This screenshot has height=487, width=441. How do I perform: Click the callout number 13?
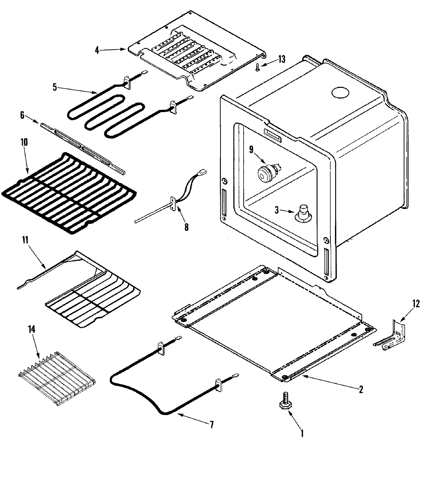(281, 59)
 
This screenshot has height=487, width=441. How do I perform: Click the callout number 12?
(416, 304)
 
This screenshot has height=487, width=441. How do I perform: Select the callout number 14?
(32, 329)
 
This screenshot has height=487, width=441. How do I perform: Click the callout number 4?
(97, 50)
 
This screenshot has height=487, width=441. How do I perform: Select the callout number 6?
(22, 115)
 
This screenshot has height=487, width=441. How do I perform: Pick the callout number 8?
(186, 228)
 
